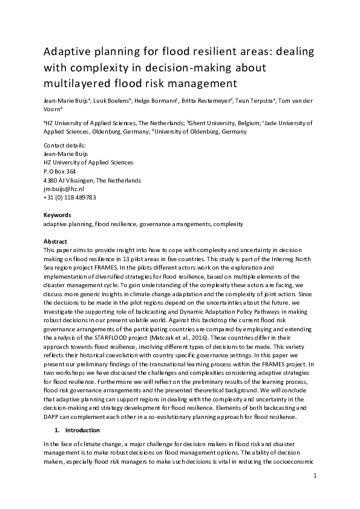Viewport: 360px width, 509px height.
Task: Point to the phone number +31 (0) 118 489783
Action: click(70, 198)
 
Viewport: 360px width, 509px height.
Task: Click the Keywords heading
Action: click(57, 215)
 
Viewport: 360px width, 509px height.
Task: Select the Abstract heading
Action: click(55, 241)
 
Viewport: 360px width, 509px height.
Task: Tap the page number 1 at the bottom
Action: click(315, 477)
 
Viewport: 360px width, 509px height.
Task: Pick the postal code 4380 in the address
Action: click(51, 180)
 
